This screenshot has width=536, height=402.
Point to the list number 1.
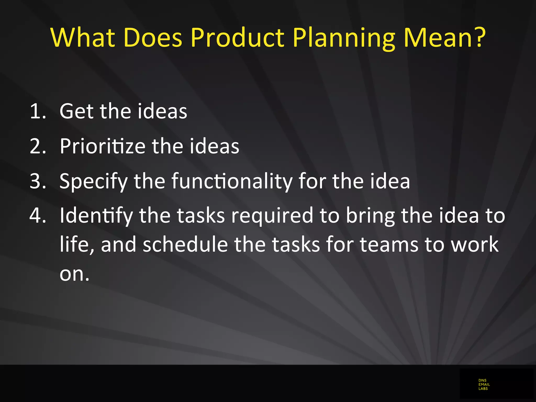(x=37, y=111)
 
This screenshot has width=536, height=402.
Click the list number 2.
(x=37, y=146)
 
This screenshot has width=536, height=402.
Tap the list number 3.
(x=37, y=181)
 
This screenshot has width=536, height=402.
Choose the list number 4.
(x=37, y=216)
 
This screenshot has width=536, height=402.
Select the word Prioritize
(x=102, y=146)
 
